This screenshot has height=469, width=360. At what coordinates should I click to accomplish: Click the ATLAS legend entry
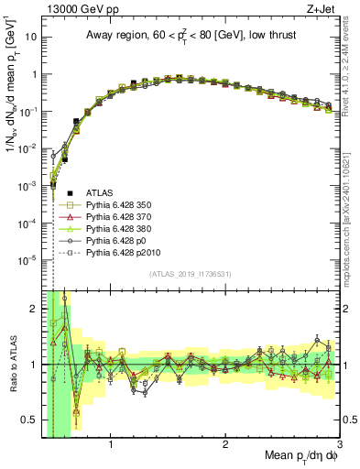point(102,192)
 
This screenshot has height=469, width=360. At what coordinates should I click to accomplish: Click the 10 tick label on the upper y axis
point(28,38)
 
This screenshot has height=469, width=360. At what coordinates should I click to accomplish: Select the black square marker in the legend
point(70,192)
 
